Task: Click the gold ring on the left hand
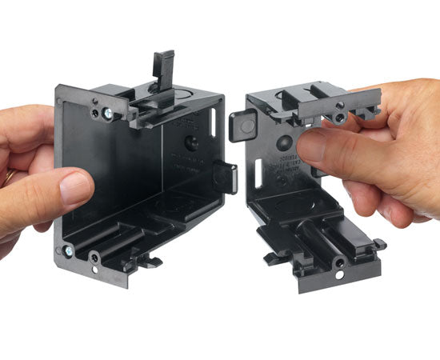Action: pyautogui.click(x=9, y=174)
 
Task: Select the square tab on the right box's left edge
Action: pyautogui.click(x=241, y=126)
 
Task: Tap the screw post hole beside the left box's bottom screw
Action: pyautogui.click(x=95, y=258)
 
